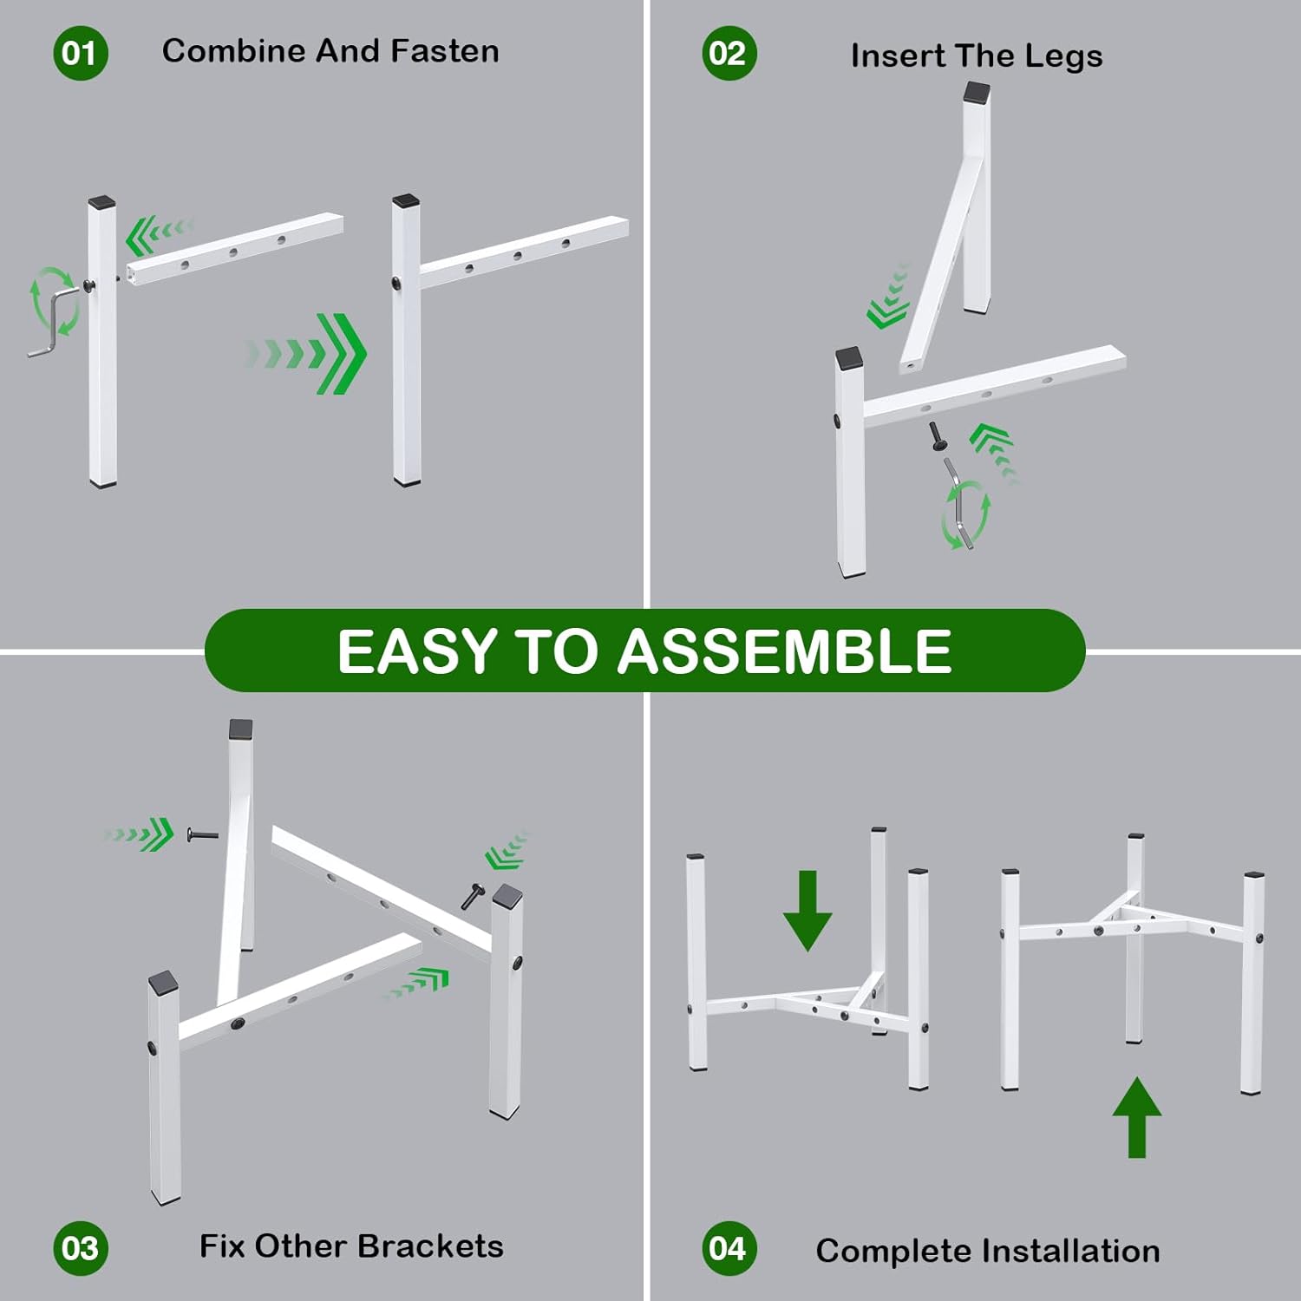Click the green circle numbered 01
[80, 53]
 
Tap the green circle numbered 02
[729, 53]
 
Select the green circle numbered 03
[80, 1248]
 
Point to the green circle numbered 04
[729, 1248]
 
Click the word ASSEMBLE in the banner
[784, 651]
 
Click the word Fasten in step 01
[445, 51]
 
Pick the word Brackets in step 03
[430, 1246]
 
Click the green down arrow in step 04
[807, 911]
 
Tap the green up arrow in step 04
[1137, 1117]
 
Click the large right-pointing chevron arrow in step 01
[307, 354]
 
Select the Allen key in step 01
[53, 323]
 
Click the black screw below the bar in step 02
[937, 435]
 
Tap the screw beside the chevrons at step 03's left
[203, 834]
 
